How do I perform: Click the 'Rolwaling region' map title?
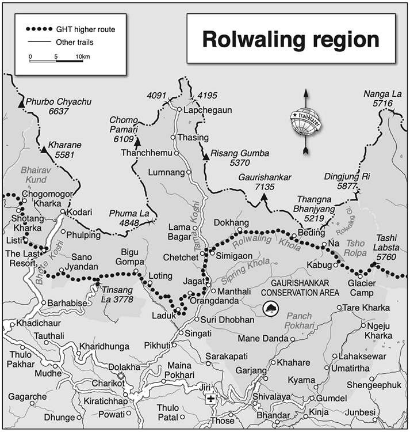pos(290,40)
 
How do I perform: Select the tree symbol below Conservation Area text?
pos(270,310)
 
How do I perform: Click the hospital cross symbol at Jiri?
pos(212,399)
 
